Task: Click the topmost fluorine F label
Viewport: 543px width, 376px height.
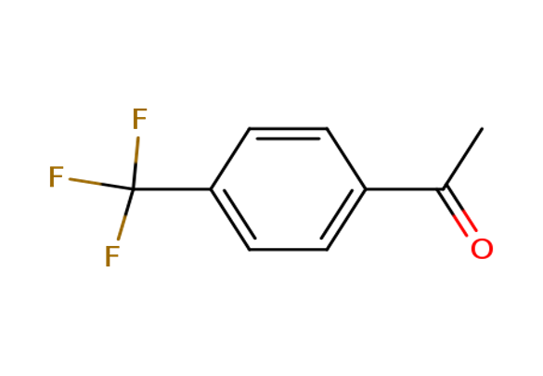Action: tap(139, 119)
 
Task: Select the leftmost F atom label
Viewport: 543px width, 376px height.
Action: tap(56, 176)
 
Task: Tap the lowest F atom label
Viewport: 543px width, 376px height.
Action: tap(112, 256)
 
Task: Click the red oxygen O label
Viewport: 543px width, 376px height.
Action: tap(482, 249)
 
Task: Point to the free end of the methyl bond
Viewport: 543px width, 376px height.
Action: tap(482, 129)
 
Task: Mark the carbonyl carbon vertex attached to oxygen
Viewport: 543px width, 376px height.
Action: tap(444, 189)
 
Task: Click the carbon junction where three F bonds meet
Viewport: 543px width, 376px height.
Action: tap(133, 189)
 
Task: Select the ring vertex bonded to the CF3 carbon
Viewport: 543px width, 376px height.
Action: tap(211, 189)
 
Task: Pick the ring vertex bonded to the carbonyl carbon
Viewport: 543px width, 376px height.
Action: tap(366, 189)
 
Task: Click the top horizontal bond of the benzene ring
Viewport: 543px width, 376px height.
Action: tap(288, 129)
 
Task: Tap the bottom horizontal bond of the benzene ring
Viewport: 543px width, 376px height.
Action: tap(288, 250)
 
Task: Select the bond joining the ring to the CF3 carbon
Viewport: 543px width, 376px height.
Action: tap(172, 189)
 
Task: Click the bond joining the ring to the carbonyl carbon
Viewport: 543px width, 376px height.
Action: tap(405, 189)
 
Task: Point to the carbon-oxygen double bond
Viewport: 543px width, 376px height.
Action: tap(458, 211)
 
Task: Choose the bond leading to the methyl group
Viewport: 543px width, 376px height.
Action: tap(462, 159)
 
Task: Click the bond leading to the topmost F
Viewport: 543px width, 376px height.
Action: tap(136, 163)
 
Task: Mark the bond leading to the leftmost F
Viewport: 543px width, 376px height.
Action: tap(101, 184)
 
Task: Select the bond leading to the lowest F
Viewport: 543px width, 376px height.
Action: tap(125, 214)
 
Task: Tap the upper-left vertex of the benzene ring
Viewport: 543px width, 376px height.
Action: tap(250, 129)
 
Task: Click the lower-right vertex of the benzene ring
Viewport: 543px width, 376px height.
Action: tap(327, 250)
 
